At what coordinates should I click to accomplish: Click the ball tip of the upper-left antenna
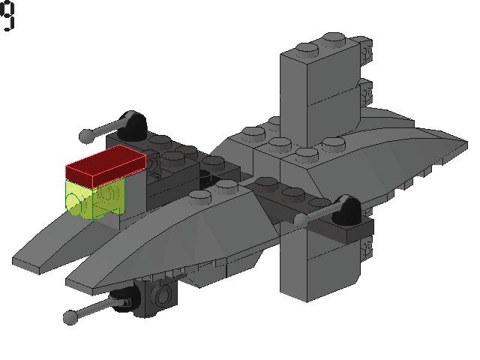(x=87, y=136)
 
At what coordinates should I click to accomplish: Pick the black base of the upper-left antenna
(x=134, y=126)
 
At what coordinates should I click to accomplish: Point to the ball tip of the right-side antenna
(x=301, y=220)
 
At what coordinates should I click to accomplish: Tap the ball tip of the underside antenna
(x=70, y=316)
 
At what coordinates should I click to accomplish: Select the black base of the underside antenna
(x=124, y=300)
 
